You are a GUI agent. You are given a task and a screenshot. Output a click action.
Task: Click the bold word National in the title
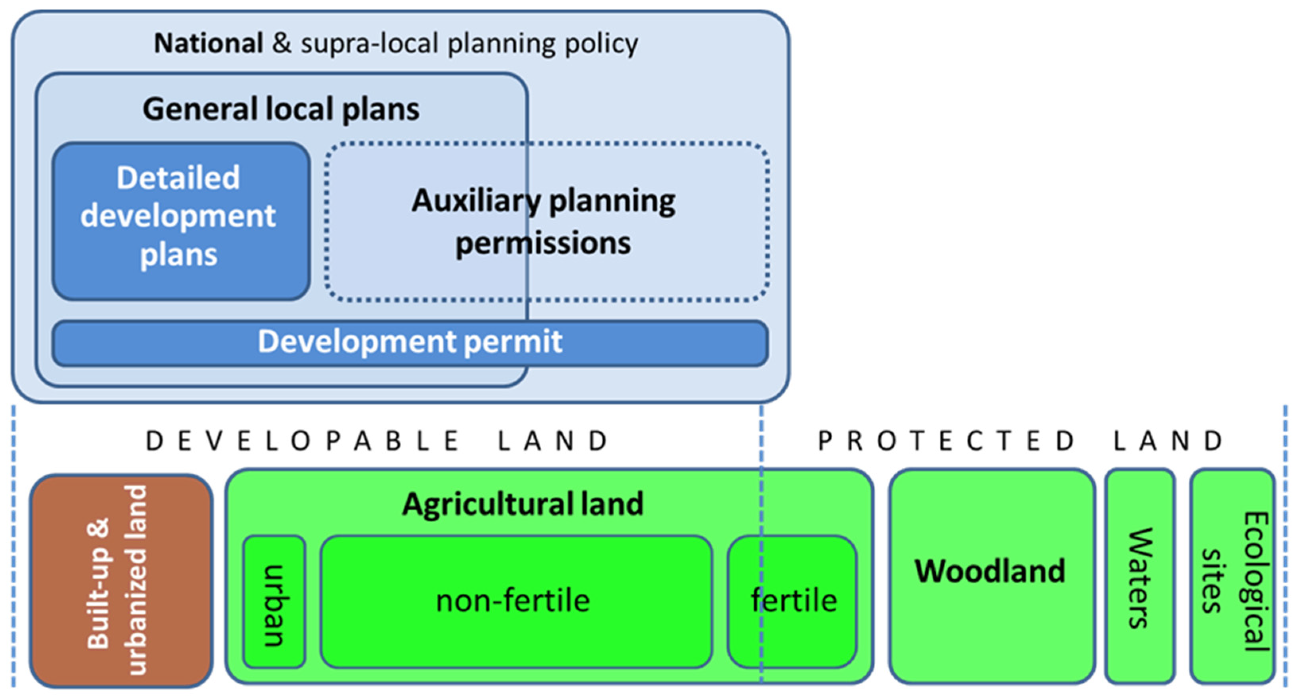[x=208, y=43]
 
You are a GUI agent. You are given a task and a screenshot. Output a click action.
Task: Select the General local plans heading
[x=281, y=109]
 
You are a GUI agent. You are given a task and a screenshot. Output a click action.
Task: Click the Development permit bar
[x=410, y=342]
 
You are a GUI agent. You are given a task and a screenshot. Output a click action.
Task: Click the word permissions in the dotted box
[x=543, y=244]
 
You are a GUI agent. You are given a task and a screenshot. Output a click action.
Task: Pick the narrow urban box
[x=274, y=602]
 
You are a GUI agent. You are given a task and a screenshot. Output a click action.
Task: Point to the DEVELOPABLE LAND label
[x=377, y=441]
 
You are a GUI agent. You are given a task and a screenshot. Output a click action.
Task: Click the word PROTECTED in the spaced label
[x=946, y=441]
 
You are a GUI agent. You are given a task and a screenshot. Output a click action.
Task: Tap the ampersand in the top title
[x=282, y=43]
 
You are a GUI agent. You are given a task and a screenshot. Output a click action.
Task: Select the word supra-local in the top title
[x=369, y=44]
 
